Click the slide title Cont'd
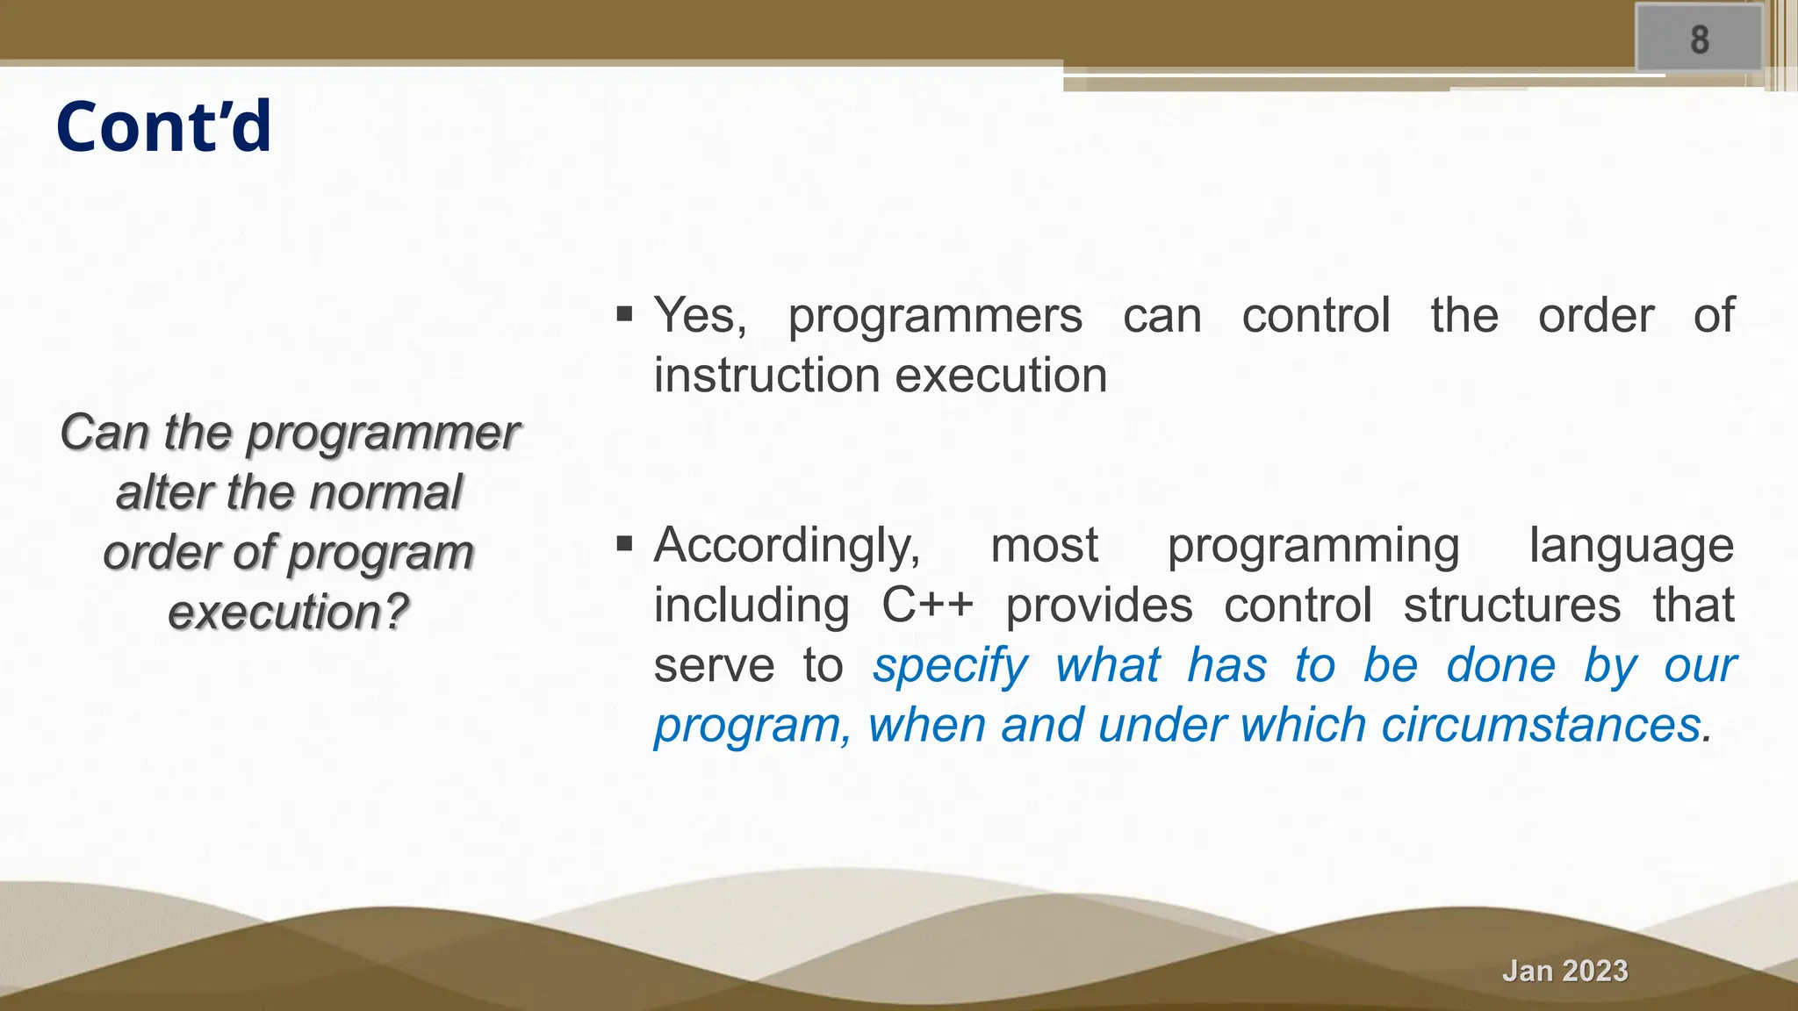164,127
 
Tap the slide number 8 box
1699,39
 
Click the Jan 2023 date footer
1564,971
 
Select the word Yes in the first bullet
700,315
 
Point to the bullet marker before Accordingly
624,545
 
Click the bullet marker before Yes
624,314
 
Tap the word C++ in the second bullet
927,606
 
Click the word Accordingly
787,546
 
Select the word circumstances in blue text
1541,726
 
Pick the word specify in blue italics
949,666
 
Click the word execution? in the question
288,613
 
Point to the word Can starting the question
104,433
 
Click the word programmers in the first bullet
934,317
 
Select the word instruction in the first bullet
766,376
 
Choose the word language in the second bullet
1630,546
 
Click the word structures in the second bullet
1512,606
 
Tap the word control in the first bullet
1315,315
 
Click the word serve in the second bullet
713,666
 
